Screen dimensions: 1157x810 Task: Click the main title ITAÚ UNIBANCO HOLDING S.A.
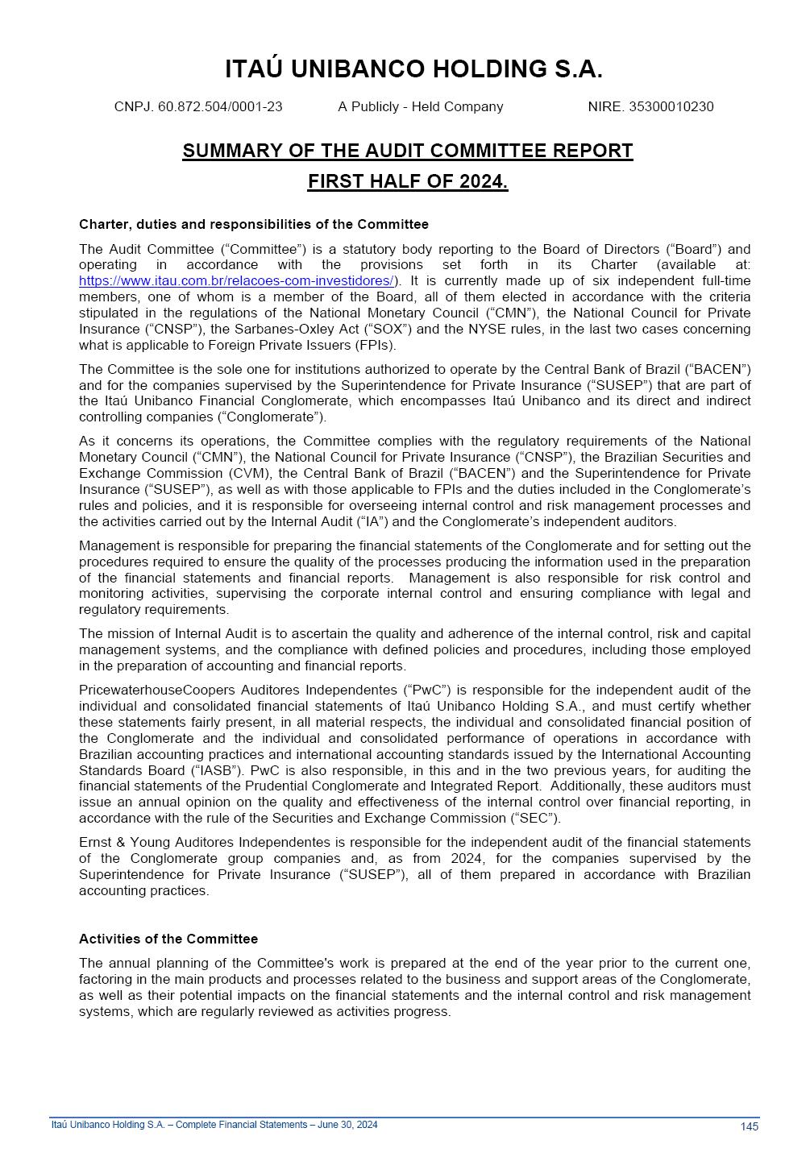click(x=413, y=70)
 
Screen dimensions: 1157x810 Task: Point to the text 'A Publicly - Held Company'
click(x=420, y=107)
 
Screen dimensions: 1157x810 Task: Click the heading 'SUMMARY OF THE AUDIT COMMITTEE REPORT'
click(x=407, y=151)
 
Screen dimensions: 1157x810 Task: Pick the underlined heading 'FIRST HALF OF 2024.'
click(x=407, y=182)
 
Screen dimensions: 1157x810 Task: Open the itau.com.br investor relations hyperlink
click(x=236, y=281)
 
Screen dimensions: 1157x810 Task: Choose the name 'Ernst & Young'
click(x=118, y=843)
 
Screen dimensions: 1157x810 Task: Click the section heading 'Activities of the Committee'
click(x=168, y=939)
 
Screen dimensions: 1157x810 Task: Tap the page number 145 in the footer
click(x=749, y=1127)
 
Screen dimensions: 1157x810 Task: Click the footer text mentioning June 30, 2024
click(x=214, y=1125)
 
